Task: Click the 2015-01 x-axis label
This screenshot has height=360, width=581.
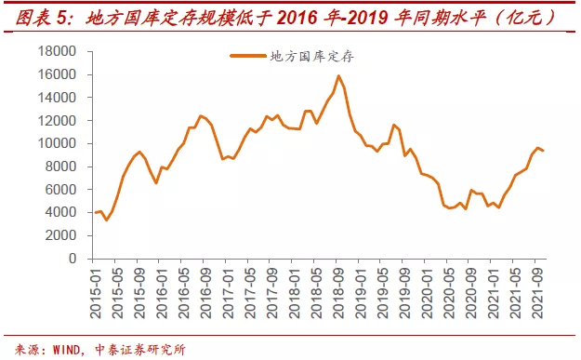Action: [x=94, y=291]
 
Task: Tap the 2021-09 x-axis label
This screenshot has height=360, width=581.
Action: [x=537, y=291]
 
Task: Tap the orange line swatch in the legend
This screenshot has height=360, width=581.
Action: [x=247, y=57]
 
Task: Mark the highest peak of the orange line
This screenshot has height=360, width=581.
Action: [x=338, y=76]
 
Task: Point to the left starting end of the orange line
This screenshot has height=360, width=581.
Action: [x=94, y=213]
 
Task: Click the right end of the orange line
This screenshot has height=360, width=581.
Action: [x=544, y=151]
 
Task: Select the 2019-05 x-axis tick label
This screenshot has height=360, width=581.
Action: [x=382, y=291]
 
